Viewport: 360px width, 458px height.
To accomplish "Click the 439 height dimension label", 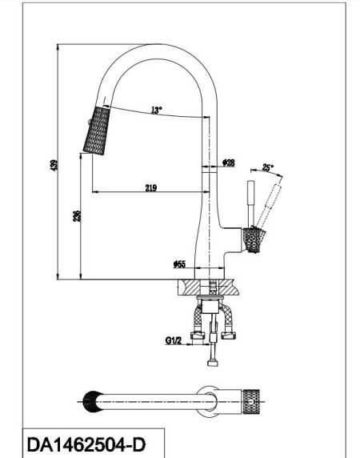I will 54,167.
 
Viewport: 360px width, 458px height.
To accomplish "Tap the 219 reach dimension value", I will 150,187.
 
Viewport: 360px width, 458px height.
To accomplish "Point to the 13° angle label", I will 156,110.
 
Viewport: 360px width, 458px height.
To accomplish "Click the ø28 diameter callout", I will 229,163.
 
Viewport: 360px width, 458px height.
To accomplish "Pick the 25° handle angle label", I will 267,168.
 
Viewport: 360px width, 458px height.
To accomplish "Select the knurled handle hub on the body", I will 254,239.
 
